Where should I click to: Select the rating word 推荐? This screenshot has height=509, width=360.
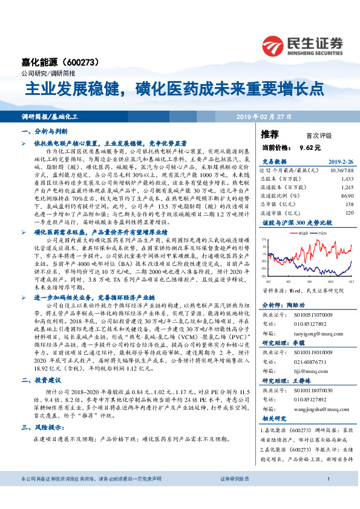click(269, 133)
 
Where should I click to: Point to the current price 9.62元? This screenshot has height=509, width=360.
click(309, 147)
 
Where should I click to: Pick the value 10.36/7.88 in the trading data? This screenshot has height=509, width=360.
click(341, 172)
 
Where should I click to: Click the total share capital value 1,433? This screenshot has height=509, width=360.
click(346, 180)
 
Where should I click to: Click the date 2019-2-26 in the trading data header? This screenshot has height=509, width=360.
click(338, 162)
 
